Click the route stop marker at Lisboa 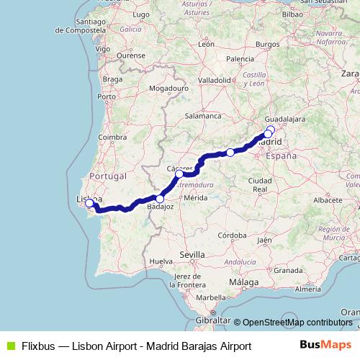pos(89,203)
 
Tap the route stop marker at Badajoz pos(160,199)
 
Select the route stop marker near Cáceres pos(179,174)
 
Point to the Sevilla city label pos(192,255)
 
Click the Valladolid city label pos(214,80)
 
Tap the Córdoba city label pos(235,235)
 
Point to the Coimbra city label pos(112,137)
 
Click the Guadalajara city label pos(285,118)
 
